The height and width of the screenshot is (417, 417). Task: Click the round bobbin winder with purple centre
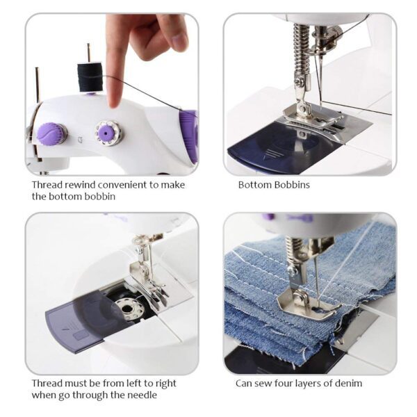pos(108,131)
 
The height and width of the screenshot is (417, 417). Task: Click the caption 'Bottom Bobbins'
pos(274,185)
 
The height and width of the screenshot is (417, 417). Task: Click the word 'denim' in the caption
pos(347,383)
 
